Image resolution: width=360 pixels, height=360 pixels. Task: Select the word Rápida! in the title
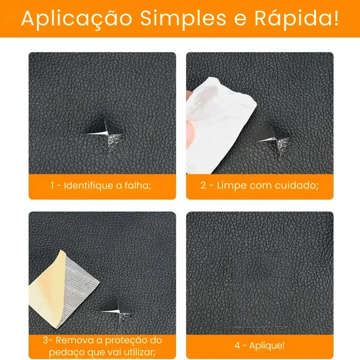296,18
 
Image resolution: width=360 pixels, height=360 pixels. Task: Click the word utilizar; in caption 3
140,352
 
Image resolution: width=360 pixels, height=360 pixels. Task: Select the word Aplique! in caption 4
267,346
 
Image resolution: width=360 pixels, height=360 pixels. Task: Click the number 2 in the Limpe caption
203,185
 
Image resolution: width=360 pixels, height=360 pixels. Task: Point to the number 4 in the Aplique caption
237,345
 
